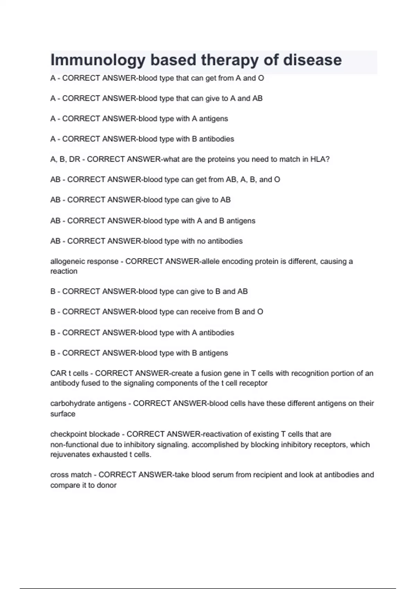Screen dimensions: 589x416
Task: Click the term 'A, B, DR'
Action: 65,159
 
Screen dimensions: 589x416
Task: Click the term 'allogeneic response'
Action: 84,261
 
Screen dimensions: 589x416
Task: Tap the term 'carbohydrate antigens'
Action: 88,403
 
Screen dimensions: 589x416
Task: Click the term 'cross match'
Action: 71,475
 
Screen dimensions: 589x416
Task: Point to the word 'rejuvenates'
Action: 70,455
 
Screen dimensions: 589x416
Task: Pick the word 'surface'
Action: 63,414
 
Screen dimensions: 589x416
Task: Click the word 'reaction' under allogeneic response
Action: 64,271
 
